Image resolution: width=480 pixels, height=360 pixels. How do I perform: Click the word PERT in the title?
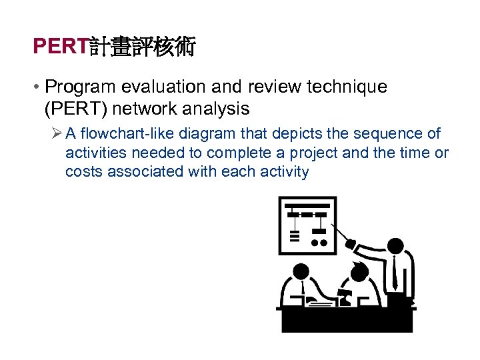point(61,47)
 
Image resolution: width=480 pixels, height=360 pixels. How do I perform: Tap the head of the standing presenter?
point(395,246)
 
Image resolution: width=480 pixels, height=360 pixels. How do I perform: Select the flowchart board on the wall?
point(307,224)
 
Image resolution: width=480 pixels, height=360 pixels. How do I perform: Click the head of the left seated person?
point(301,271)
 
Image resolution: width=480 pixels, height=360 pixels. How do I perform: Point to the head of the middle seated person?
point(359,272)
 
